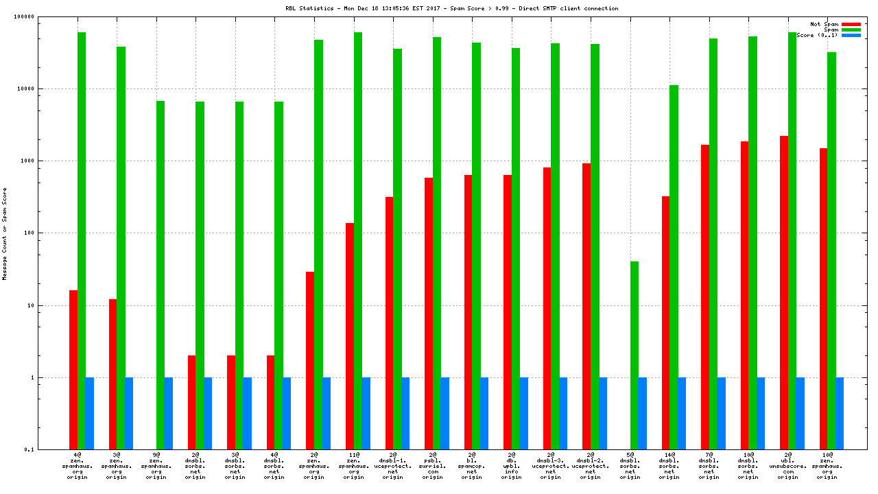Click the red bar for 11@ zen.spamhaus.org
[350, 336]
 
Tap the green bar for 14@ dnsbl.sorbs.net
[674, 268]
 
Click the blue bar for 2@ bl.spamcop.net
[484, 413]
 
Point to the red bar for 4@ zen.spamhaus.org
[73, 370]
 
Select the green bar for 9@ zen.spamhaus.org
[161, 275]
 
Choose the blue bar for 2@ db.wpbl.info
[524, 413]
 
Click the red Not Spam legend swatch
[851, 24]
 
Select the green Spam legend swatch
[851, 30]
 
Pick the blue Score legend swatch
[851, 35]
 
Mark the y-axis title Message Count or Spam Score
[5, 233]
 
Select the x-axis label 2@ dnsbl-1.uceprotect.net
[393, 466]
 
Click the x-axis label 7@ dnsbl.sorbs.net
[709, 466]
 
